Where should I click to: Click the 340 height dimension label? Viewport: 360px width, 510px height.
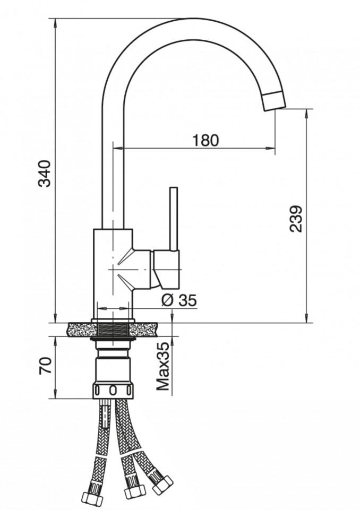tap(45, 174)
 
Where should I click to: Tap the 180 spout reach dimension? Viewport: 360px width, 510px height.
tap(205, 140)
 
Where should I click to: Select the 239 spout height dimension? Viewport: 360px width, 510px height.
tap(296, 219)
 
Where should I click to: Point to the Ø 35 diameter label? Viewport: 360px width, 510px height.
tap(179, 300)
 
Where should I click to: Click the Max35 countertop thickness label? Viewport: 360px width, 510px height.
tap(164, 366)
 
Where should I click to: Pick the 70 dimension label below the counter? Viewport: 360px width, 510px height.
tap(45, 366)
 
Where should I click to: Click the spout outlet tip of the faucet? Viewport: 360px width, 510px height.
tap(275, 102)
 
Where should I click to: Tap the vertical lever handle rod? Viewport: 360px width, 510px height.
tap(174, 219)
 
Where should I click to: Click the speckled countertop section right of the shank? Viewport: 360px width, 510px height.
tap(143, 330)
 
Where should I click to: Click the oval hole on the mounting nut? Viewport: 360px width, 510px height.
tap(113, 390)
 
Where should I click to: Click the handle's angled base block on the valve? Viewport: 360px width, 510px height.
tap(166, 269)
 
